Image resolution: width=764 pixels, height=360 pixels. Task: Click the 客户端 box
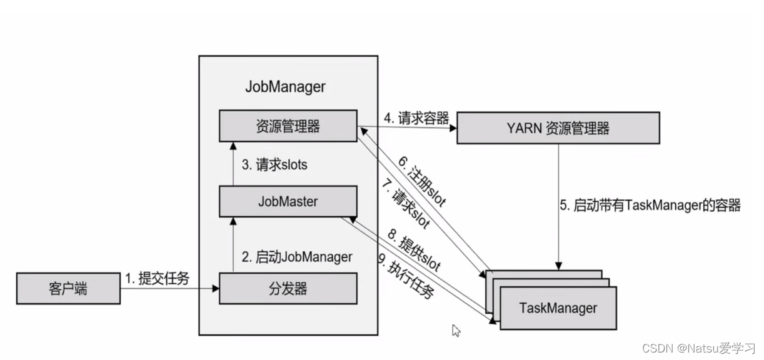click(68, 289)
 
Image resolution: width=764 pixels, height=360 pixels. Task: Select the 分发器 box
click(288, 289)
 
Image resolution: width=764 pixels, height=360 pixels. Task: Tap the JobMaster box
click(288, 202)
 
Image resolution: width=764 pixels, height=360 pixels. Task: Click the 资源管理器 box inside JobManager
click(288, 126)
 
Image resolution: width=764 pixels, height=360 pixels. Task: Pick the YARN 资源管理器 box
click(558, 128)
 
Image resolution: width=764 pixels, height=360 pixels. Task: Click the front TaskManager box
click(558, 308)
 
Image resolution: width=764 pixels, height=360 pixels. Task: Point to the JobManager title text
click(285, 87)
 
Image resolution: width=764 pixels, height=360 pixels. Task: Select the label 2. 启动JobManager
click(297, 256)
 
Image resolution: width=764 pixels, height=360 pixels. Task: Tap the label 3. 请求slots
click(274, 165)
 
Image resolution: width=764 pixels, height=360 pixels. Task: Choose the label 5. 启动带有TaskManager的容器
click(648, 206)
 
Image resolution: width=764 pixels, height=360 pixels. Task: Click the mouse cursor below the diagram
click(456, 330)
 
